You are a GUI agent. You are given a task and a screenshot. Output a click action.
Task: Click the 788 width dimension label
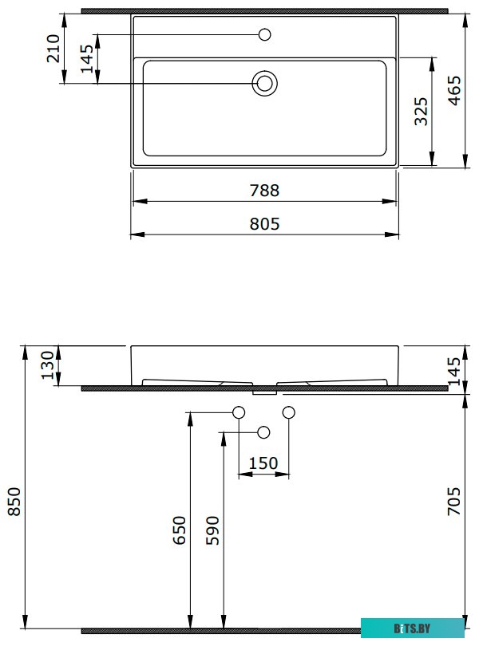point(264,191)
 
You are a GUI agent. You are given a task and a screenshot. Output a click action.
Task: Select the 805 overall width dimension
point(264,224)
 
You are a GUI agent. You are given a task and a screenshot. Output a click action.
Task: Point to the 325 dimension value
point(422,112)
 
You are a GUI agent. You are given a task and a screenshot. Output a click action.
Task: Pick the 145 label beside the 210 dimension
point(87,59)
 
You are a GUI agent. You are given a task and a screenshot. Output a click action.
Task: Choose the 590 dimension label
point(212,530)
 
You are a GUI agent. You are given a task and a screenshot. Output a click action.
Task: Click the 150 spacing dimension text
point(263,463)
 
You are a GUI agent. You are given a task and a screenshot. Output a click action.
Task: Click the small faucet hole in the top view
point(265,34)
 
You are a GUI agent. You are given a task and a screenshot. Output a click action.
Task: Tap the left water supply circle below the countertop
point(238,412)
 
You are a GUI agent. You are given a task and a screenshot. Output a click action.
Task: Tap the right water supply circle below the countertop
point(289,412)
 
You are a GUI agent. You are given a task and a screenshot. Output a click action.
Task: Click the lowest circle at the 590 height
point(263,431)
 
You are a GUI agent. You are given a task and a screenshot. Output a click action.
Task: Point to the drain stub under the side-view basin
point(264,392)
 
